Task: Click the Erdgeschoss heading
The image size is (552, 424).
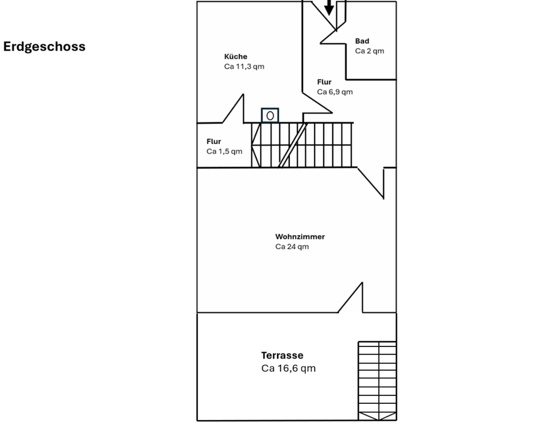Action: pyautogui.click(x=44, y=47)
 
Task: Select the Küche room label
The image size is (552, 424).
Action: pyautogui.click(x=236, y=56)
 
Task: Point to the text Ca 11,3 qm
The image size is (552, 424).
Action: pyautogui.click(x=244, y=67)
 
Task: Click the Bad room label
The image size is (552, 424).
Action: pyautogui.click(x=362, y=41)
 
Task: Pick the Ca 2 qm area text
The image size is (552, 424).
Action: pyautogui.click(x=369, y=51)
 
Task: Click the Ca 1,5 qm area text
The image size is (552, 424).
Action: pyautogui.click(x=224, y=152)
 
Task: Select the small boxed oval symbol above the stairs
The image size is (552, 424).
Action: pyautogui.click(x=270, y=115)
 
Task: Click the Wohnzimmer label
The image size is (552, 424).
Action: pyautogui.click(x=300, y=237)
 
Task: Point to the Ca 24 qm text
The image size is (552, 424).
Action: pyautogui.click(x=292, y=247)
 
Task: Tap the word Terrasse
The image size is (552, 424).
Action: pyautogui.click(x=282, y=356)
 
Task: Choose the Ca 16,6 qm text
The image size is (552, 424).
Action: pyautogui.click(x=288, y=368)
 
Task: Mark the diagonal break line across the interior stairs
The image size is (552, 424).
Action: pyautogui.click(x=293, y=145)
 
